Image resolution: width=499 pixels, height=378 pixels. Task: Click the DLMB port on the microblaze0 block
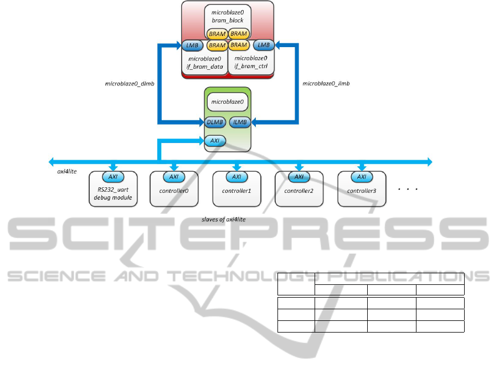[x=214, y=122]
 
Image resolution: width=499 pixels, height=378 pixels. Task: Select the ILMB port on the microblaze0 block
[x=240, y=122]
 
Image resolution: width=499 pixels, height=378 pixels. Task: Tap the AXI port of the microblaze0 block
[x=214, y=141]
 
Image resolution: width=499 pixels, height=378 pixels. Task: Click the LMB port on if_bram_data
[x=191, y=45]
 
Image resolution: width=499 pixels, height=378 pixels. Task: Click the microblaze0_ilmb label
[x=326, y=84]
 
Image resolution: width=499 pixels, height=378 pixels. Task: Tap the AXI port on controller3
[x=362, y=177]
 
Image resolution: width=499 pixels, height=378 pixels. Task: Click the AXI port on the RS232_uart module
[x=113, y=177]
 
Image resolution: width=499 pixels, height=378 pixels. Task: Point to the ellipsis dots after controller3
[x=408, y=190]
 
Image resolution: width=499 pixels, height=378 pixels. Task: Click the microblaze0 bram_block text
[x=227, y=16]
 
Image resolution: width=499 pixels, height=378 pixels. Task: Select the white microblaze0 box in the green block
[x=227, y=103]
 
